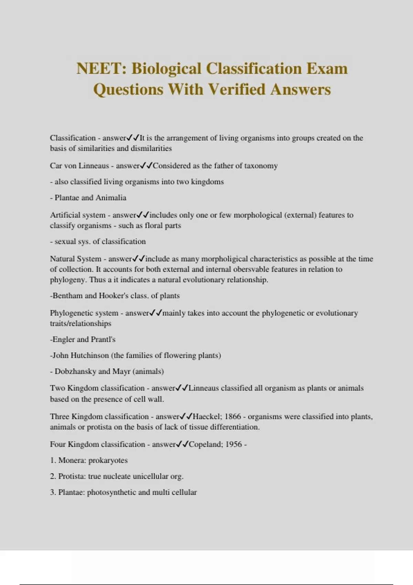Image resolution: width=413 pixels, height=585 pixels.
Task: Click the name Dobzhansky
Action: pos(75,371)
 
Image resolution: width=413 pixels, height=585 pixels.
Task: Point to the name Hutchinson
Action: pos(89,355)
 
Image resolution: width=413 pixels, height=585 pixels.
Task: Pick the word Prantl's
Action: pos(103,339)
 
